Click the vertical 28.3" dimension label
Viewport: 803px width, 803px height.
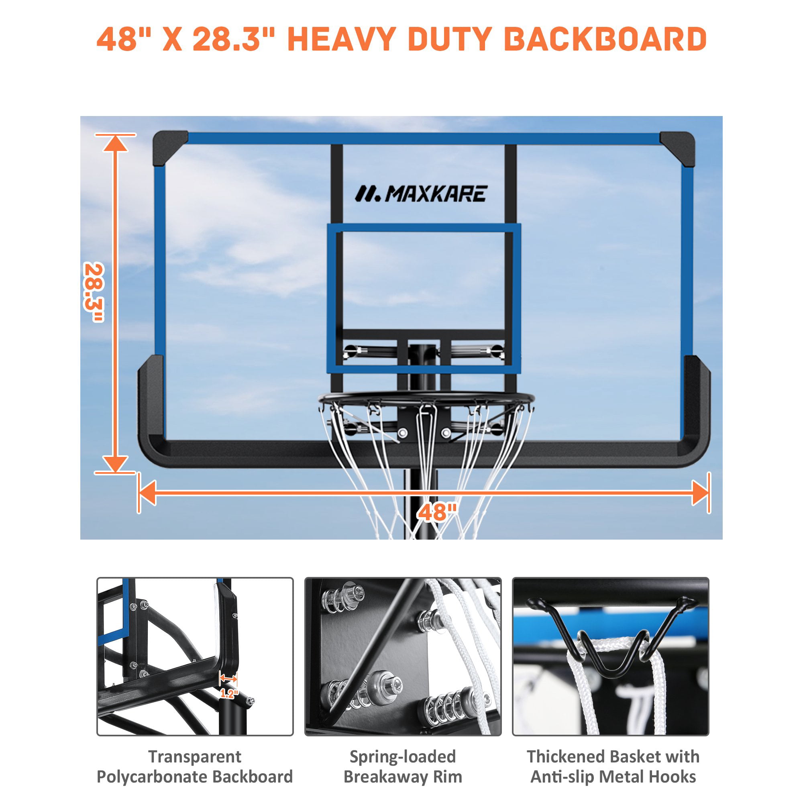click(x=94, y=292)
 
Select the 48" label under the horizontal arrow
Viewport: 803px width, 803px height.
click(x=437, y=512)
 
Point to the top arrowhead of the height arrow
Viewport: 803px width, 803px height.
click(x=115, y=144)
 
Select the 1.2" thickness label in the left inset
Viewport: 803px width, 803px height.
click(x=229, y=693)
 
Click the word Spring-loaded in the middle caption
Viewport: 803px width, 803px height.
click(x=402, y=757)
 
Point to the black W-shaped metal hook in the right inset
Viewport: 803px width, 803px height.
click(x=610, y=640)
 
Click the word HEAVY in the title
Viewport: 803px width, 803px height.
click(x=341, y=39)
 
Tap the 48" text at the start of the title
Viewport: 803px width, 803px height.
click(x=118, y=39)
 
